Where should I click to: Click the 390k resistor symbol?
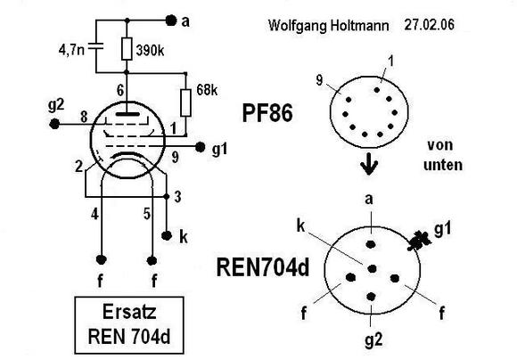point(127,49)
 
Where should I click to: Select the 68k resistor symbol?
point(186,102)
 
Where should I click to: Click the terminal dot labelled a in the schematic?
point(171,20)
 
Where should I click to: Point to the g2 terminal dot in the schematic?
point(54,124)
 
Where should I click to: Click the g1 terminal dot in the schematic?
point(200,147)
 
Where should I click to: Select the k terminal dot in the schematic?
point(167,235)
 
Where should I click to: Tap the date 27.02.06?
point(430,25)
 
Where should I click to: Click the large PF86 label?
point(267,113)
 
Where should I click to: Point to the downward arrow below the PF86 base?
point(369,164)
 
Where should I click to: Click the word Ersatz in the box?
point(129,312)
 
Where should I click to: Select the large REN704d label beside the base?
point(263,267)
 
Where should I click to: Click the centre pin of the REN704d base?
point(373,269)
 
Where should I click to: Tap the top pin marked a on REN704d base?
point(372,244)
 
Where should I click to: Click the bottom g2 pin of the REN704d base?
point(372,297)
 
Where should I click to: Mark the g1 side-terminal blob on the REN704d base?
point(418,241)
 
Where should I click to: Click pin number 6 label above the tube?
point(121,90)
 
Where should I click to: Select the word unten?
point(443,165)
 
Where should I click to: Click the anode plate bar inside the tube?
point(127,114)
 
